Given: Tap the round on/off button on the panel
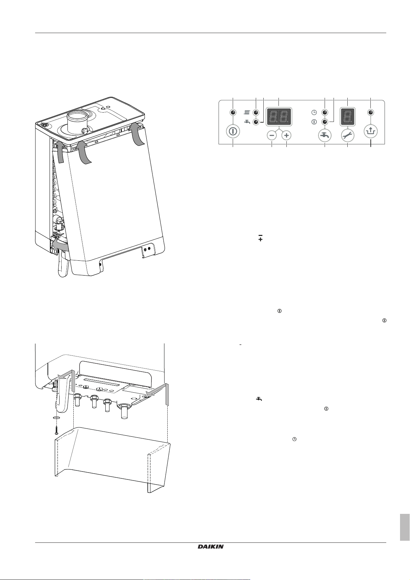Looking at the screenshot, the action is (233, 132).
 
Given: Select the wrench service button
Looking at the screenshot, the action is (347, 135).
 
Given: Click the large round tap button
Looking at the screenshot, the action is (325, 135).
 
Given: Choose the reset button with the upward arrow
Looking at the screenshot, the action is (371, 132).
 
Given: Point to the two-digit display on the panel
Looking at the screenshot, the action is (279, 116).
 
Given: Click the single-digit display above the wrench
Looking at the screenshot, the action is (347, 116).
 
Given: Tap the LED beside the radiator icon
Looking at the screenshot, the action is (256, 113).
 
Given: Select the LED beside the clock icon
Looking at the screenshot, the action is (325, 113).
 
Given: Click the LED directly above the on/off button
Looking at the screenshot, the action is (233, 113).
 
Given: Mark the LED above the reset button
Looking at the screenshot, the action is (371, 113).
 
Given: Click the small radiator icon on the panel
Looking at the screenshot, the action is (247, 113).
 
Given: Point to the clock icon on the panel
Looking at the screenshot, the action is (314, 113).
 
